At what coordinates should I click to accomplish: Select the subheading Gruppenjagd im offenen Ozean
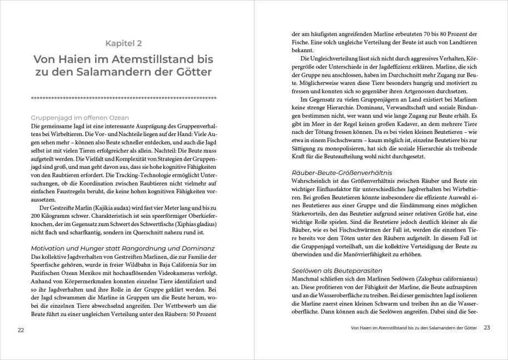80,118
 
